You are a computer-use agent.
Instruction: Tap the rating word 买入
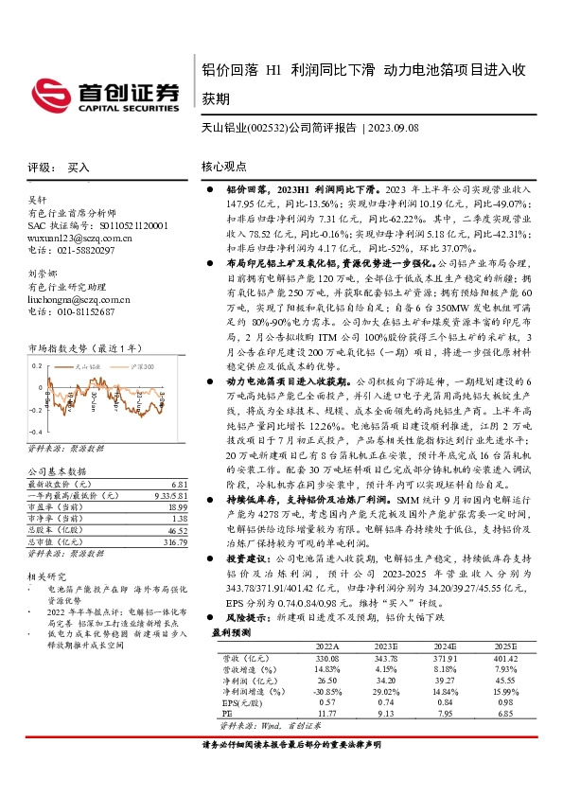(79, 167)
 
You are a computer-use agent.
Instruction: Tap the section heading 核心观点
(224, 167)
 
